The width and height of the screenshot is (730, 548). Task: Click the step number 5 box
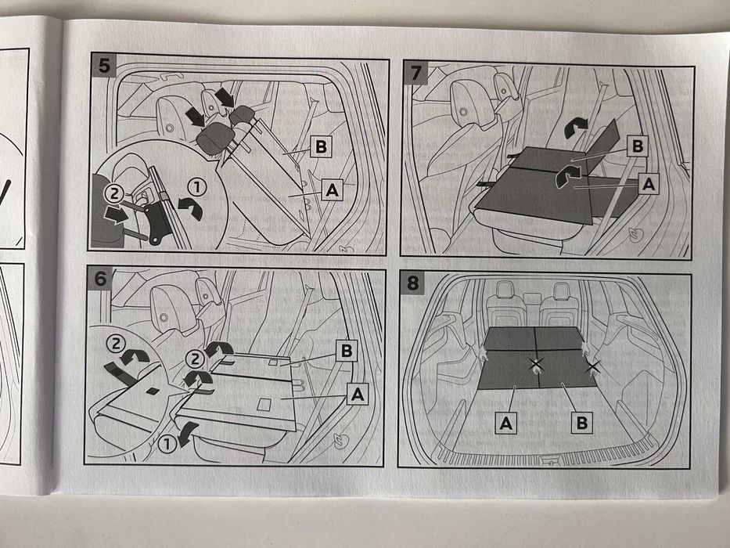coord(103,65)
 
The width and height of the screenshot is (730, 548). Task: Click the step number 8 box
coord(413,283)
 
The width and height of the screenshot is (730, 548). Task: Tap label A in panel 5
coord(332,189)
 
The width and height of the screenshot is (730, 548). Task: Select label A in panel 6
coord(357,396)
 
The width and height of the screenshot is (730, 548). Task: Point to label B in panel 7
coord(637,146)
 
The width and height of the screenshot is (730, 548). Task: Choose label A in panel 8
coord(507,423)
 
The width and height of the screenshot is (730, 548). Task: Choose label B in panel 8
coord(581,423)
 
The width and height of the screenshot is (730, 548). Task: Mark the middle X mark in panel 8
coord(536,363)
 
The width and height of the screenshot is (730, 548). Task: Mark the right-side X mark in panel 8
coord(592,366)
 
